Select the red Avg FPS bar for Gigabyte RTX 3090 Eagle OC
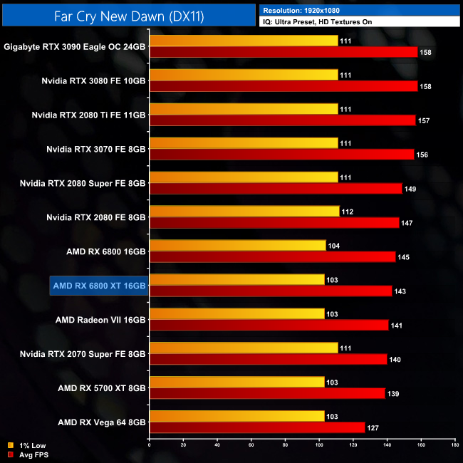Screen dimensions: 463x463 pyautogui.click(x=283, y=52)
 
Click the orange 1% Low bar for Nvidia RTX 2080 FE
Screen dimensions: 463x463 pyautogui.click(x=244, y=211)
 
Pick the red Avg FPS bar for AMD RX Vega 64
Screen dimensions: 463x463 pyautogui.click(x=256, y=427)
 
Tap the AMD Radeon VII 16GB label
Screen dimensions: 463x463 pyautogui.click(x=100, y=320)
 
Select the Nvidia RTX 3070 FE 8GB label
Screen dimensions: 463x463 pyautogui.click(x=96, y=149)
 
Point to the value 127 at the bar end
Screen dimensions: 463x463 pyautogui.click(x=373, y=428)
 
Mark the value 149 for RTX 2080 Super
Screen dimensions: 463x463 pyautogui.click(x=410, y=189)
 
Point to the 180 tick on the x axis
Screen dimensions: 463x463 pyautogui.click(x=454, y=445)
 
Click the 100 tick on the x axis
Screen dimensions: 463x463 pyautogui.click(x=318, y=445)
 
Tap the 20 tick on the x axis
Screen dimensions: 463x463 pyautogui.click(x=183, y=445)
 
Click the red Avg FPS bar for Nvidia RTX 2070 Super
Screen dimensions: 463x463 pyautogui.click(x=268, y=359)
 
